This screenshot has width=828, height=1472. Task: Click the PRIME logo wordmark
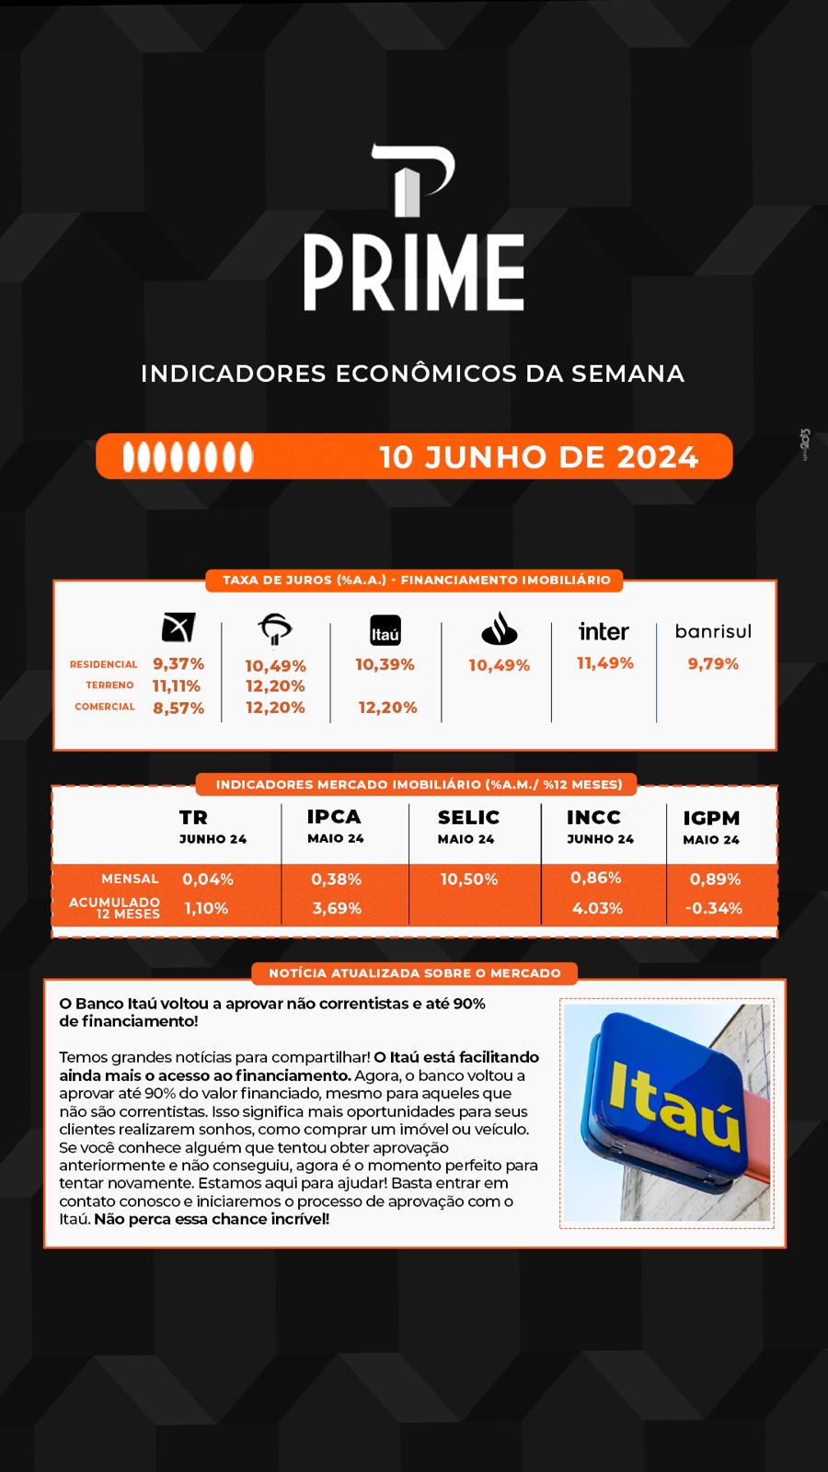click(x=414, y=272)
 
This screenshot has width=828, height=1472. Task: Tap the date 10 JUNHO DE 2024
click(x=539, y=456)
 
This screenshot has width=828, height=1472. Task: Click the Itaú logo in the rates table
click(x=385, y=631)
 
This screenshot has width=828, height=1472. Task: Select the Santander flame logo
click(x=500, y=628)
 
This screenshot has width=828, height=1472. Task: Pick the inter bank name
click(x=604, y=631)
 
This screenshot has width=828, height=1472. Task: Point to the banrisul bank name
click(x=713, y=631)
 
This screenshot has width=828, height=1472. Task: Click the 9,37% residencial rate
click(x=178, y=663)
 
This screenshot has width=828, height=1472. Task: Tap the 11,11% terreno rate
click(x=176, y=686)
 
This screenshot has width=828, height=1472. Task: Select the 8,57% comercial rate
click(x=178, y=707)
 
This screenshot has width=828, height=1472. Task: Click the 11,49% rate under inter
click(x=605, y=663)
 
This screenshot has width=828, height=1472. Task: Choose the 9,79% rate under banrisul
click(x=713, y=663)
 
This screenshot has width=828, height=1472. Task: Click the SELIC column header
click(x=468, y=817)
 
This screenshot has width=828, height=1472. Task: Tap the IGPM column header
click(x=712, y=818)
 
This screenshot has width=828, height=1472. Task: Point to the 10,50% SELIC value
click(x=469, y=880)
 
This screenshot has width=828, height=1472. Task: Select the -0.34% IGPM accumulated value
click(x=714, y=908)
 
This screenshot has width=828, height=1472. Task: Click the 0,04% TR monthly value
click(x=208, y=880)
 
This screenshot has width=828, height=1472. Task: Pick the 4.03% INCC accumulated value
click(x=597, y=908)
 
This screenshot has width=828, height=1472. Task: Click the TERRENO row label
click(x=109, y=684)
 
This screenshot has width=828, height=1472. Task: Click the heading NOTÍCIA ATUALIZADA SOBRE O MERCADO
click(x=415, y=973)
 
